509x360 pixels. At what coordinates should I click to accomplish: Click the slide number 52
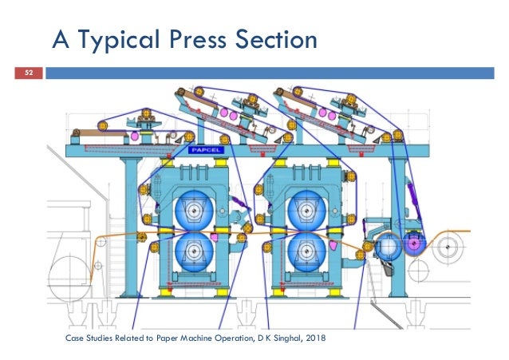click(29, 73)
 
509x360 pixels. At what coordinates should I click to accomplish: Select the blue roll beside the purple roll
click(389, 247)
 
